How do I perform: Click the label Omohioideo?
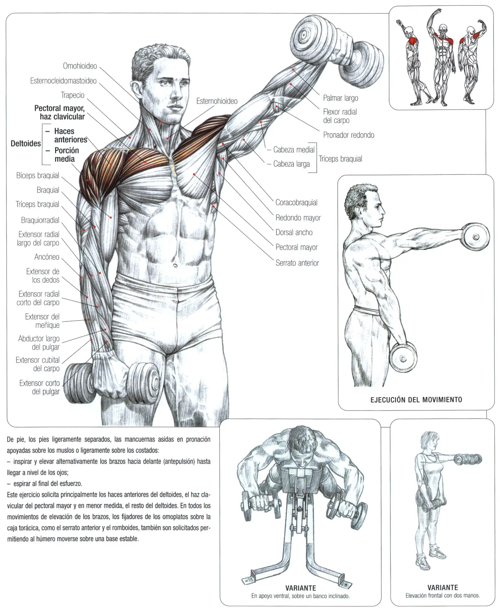coord(80,66)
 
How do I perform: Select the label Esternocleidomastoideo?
coord(63,81)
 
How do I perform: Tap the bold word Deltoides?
coord(25,144)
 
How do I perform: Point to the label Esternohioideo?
coord(217,101)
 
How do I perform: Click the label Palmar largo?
coord(341,98)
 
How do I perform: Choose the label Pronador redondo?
coord(349,135)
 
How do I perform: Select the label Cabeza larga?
coord(291,164)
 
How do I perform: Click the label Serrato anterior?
coord(297,263)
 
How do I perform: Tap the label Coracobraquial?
coord(297,203)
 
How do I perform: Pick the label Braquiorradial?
coord(40,220)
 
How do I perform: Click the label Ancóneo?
coord(47,257)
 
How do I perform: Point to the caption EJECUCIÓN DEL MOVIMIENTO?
coord(416,400)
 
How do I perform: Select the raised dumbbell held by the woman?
coord(468,459)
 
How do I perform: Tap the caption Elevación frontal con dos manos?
coord(443,596)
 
